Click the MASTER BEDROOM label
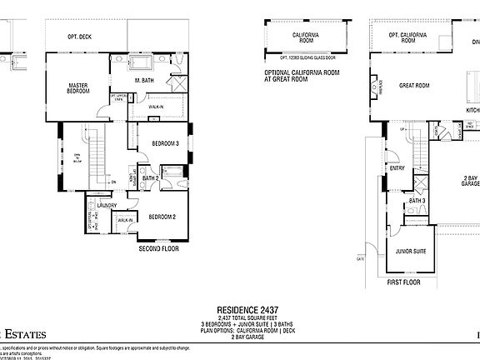[77, 87]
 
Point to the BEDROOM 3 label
[165, 143]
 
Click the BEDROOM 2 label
[162, 217]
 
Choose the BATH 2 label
[151, 177]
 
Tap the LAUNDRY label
[106, 204]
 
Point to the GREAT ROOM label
[414, 85]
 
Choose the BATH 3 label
[417, 200]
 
